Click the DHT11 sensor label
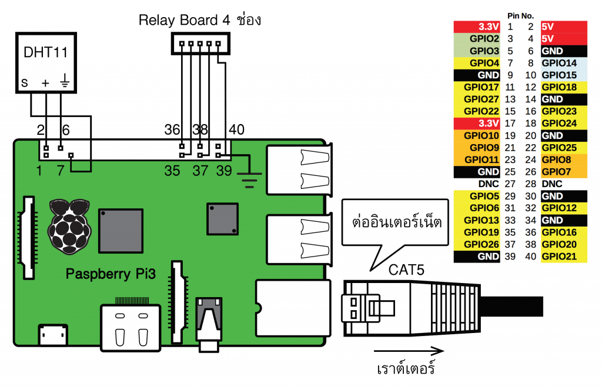pyautogui.click(x=45, y=53)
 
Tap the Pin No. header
pyautogui.click(x=520, y=15)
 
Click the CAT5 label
pyautogui.click(x=406, y=269)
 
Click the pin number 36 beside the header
pyautogui.click(x=172, y=130)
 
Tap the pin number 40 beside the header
pyautogui.click(x=236, y=130)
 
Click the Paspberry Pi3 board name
pyautogui.click(x=111, y=274)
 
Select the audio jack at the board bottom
pyautogui.click(x=210, y=324)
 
